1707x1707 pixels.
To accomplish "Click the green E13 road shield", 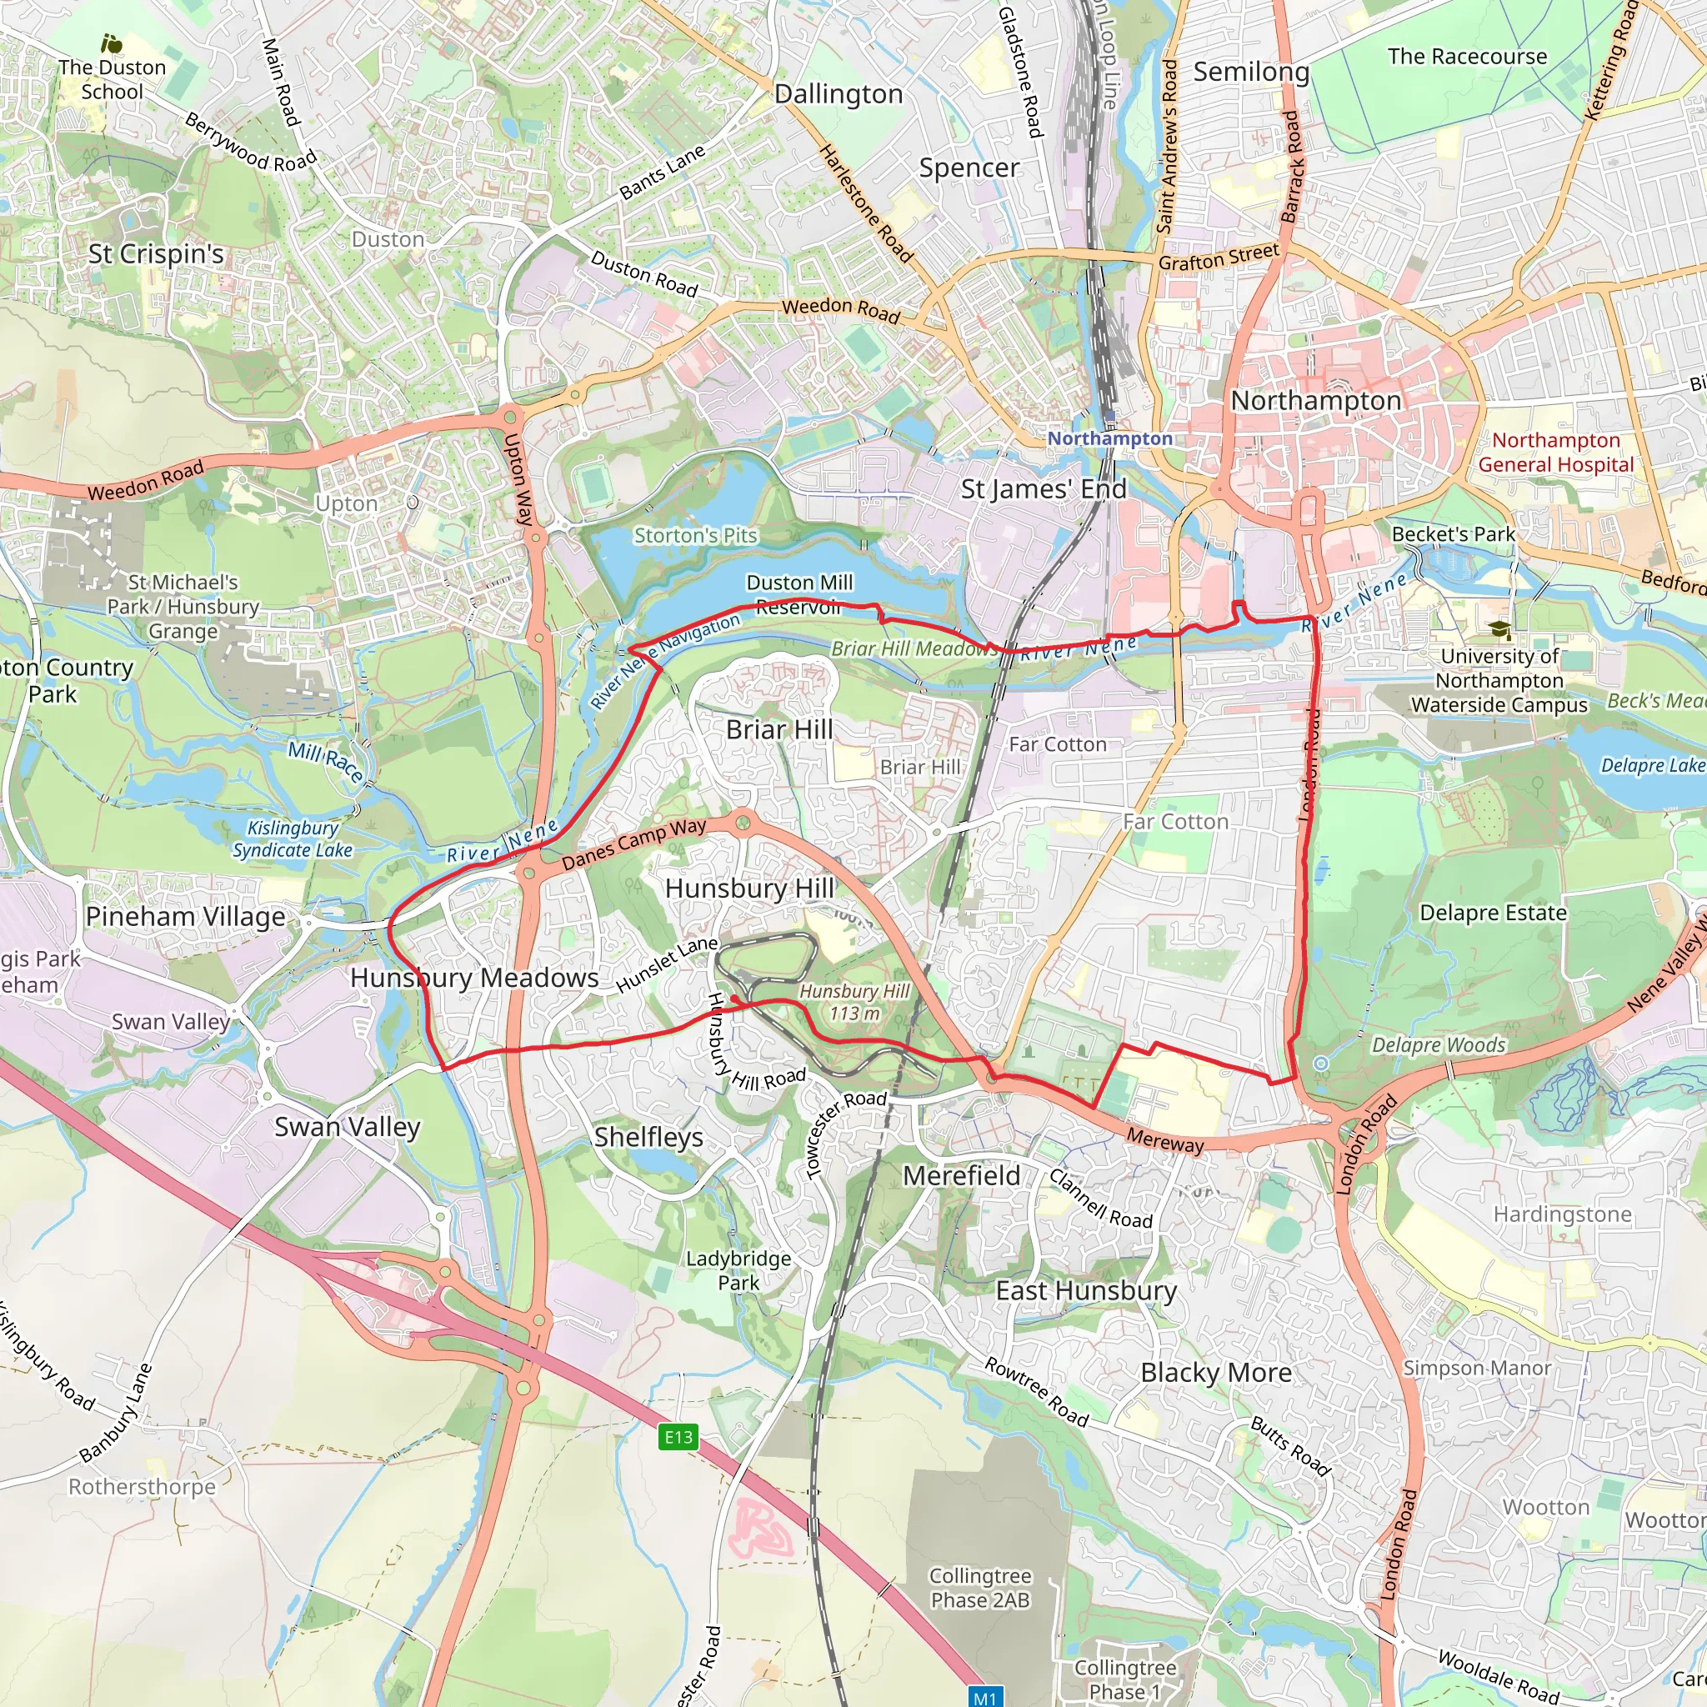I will tap(678, 1437).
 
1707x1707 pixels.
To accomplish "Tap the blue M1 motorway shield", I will tap(984, 1697).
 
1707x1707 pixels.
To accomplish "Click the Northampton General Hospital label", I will tap(1556, 453).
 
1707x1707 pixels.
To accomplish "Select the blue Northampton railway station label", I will tap(1109, 438).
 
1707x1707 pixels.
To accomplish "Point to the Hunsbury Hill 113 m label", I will tap(854, 1002).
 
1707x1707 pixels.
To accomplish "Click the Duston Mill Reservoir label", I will tap(799, 594).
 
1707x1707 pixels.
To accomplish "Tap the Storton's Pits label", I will tap(695, 535).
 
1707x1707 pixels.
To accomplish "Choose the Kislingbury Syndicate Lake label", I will tap(293, 838).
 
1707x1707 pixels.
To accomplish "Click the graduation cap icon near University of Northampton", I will tap(1499, 629).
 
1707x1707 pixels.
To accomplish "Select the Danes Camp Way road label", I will tap(633, 843).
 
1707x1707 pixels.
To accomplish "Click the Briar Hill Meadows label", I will tap(914, 648).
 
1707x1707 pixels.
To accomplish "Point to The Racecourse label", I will tap(1467, 57).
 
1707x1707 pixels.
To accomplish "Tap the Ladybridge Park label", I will tap(738, 1269).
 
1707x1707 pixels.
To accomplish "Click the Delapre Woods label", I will tap(1439, 1045).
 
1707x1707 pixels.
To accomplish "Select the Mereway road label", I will tap(1164, 1142).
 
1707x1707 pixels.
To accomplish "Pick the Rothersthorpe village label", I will tap(143, 1486).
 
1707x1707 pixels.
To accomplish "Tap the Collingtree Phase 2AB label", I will tap(980, 1588).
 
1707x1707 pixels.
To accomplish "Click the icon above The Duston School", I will tap(112, 43).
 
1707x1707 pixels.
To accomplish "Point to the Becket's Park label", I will tap(1453, 533).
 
